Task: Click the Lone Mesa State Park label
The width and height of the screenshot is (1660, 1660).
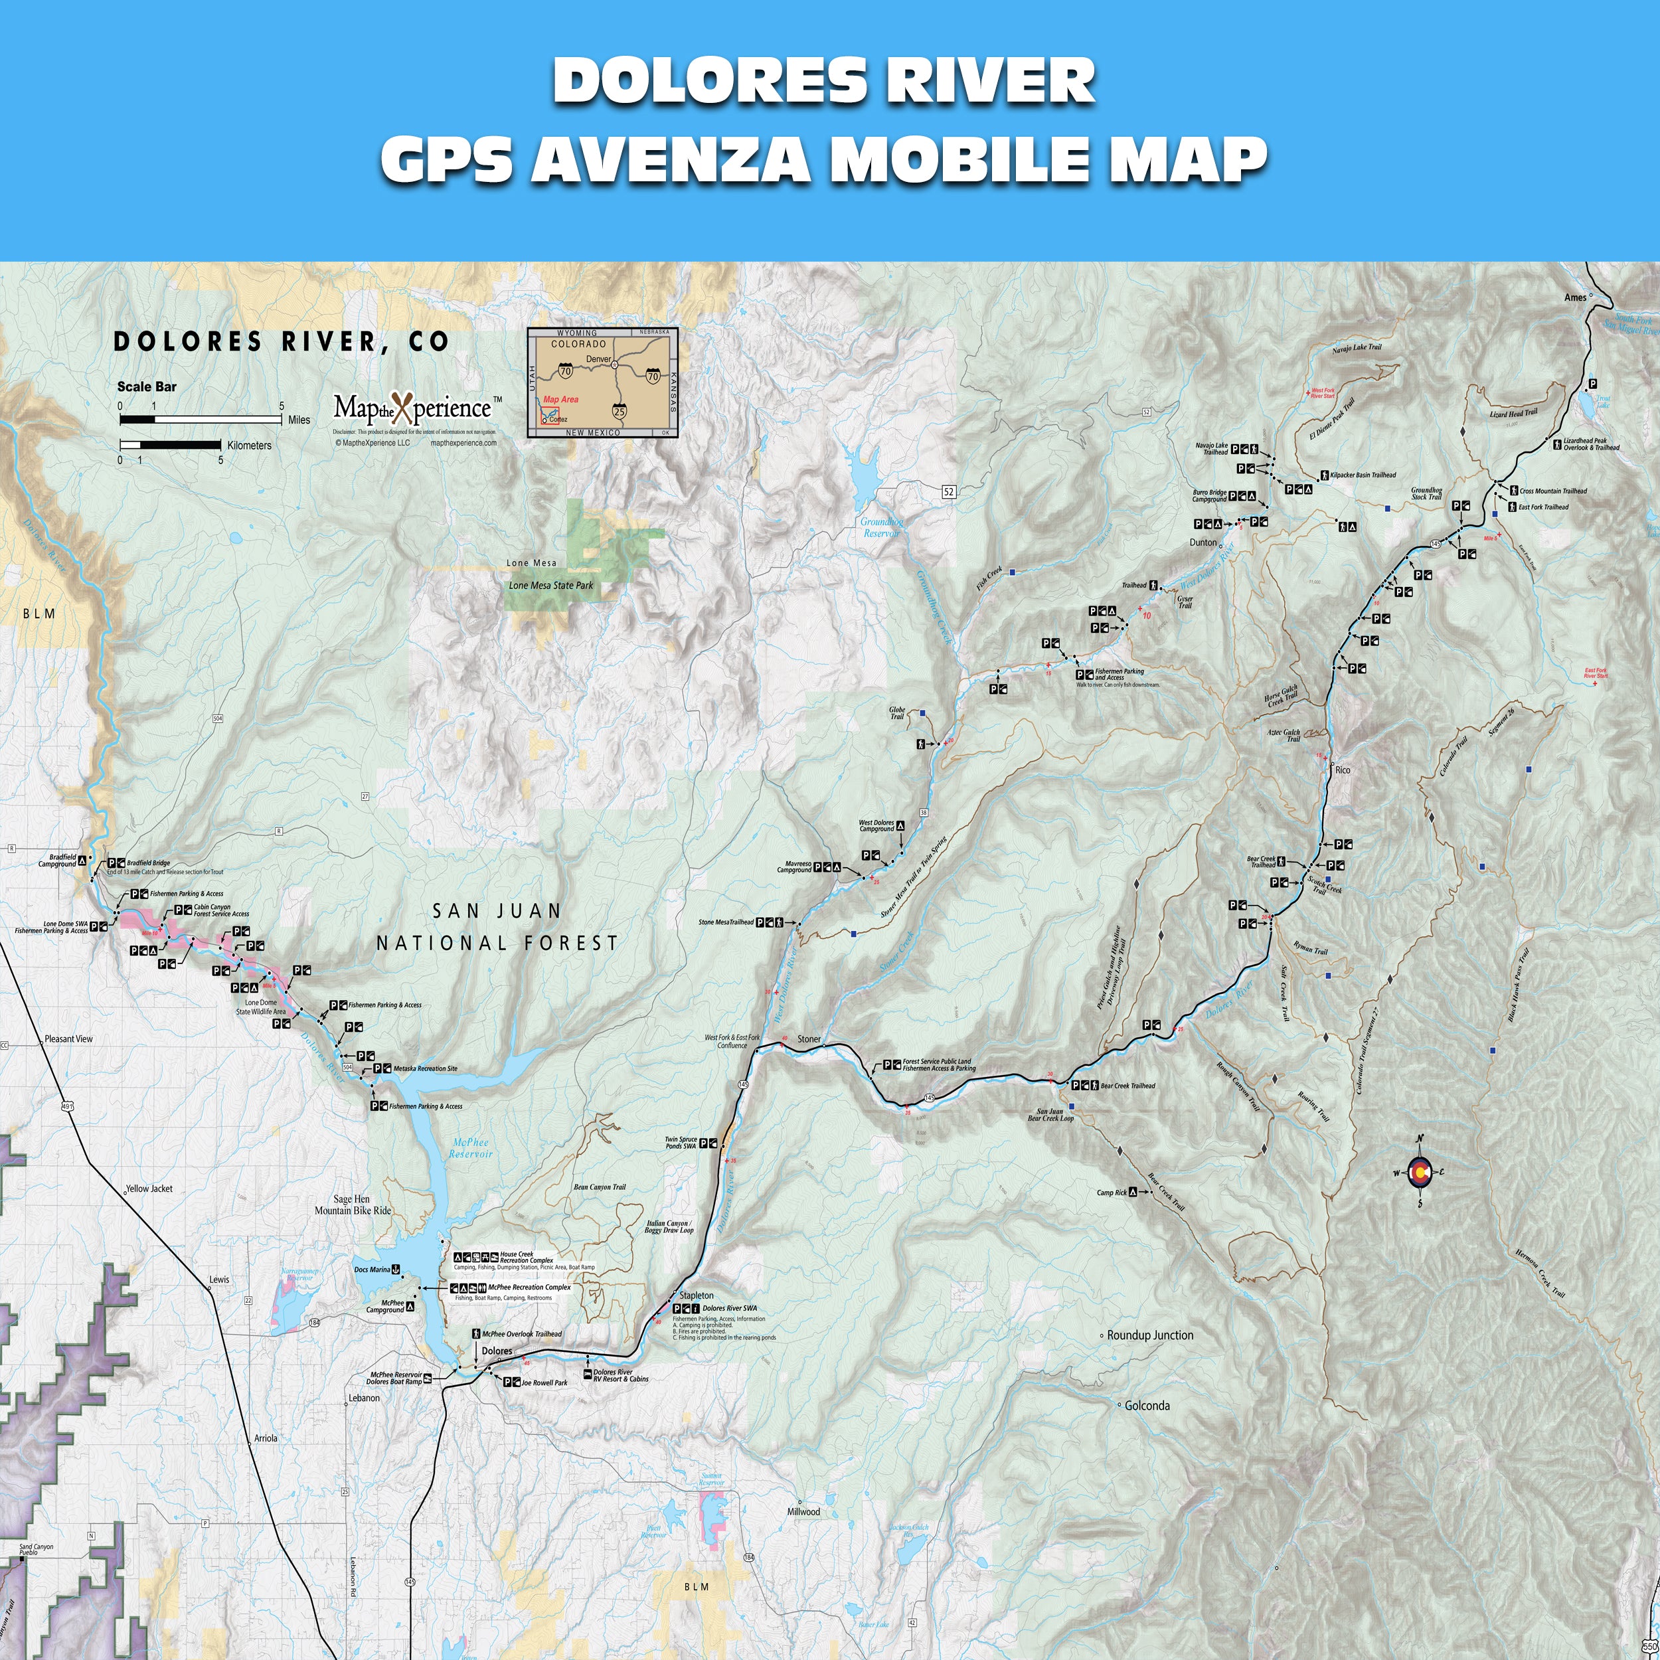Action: tap(550, 585)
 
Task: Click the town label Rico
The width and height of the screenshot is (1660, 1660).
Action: tap(1343, 770)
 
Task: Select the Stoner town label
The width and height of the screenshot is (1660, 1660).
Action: tap(809, 1038)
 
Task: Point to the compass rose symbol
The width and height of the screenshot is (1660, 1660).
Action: tap(1420, 1173)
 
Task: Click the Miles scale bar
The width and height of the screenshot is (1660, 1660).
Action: tap(201, 419)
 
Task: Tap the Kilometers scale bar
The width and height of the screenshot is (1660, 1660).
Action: tap(170, 445)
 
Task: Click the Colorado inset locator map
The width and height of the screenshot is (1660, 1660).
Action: tap(602, 382)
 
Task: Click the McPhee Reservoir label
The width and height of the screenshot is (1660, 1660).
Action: tap(470, 1149)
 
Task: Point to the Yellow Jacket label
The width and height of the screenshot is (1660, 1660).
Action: tap(149, 1189)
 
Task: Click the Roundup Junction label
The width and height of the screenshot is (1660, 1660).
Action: tap(1149, 1335)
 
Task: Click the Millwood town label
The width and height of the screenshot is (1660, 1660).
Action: tap(803, 1511)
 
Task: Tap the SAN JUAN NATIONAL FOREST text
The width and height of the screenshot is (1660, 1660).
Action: tap(497, 926)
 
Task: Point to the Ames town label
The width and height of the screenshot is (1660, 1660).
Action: tap(1575, 297)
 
